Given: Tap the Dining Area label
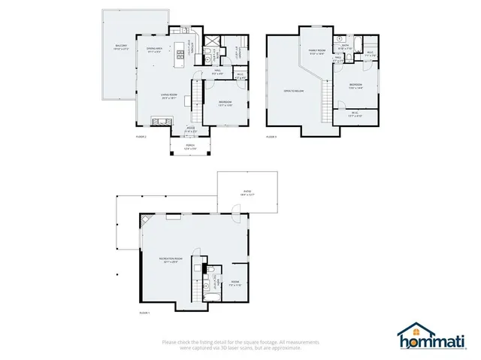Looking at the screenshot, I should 156,51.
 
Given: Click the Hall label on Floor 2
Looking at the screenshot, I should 216,73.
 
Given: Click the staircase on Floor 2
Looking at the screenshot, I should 198,97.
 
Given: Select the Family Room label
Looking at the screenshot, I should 316,51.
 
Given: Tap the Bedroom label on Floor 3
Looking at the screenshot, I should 355,86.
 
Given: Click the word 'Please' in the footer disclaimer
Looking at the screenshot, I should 169,342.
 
